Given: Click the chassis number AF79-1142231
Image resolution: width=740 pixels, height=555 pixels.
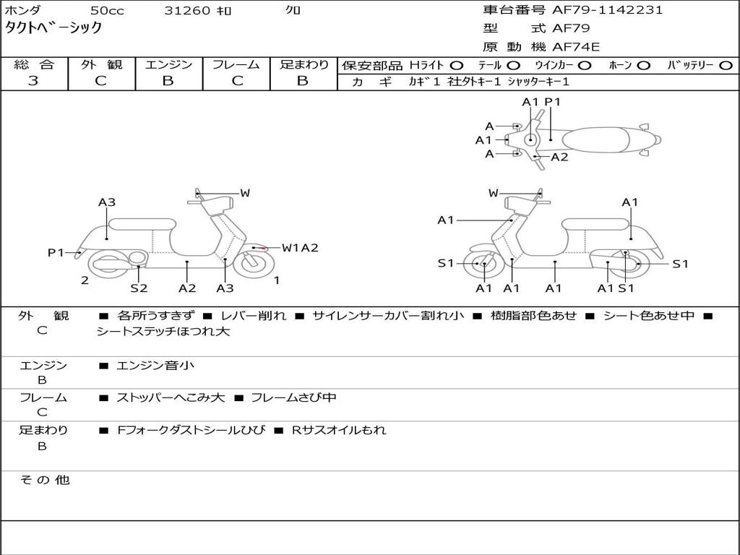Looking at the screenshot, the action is [x=607, y=9].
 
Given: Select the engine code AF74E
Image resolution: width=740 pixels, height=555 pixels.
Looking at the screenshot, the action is [x=576, y=47].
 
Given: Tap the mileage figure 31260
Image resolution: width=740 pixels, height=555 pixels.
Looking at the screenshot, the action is [x=186, y=10].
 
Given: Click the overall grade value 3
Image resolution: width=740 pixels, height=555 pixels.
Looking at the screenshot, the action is [x=33, y=80].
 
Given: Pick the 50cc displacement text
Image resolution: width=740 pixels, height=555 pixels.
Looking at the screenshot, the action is [x=107, y=10].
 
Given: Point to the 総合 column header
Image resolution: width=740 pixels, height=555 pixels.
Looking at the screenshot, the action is [x=34, y=64].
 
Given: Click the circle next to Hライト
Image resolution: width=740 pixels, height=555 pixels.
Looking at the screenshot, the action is [x=457, y=66].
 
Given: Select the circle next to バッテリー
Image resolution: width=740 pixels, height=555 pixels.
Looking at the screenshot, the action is [x=726, y=66].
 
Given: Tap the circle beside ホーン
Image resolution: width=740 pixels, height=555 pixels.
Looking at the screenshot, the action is [x=643, y=66].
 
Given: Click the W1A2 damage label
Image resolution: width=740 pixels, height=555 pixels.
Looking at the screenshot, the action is [x=300, y=248].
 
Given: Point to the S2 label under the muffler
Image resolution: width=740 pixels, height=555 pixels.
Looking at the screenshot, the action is [x=139, y=288].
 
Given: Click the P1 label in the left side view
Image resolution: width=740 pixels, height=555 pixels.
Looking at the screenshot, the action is [x=56, y=252].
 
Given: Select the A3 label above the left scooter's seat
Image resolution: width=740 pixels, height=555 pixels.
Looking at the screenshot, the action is [x=107, y=202].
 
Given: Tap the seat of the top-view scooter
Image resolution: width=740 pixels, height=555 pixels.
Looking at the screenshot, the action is [x=595, y=139].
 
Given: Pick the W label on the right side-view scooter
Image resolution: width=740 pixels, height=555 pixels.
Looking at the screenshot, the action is [x=493, y=192].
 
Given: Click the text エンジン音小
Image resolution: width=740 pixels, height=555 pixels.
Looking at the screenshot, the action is [x=155, y=365].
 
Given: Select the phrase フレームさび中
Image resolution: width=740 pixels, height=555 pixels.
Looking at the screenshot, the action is [x=293, y=398].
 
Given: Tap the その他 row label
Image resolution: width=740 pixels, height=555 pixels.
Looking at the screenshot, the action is [x=45, y=480].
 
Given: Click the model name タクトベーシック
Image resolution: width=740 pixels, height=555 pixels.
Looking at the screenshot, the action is [x=53, y=27].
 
